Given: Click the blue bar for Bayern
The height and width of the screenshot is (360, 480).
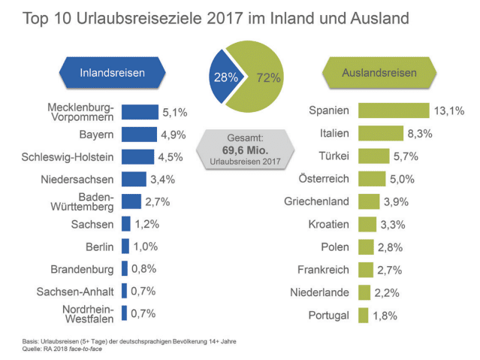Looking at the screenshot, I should (139, 135).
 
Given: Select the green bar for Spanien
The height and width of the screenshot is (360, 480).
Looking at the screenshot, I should (393, 110).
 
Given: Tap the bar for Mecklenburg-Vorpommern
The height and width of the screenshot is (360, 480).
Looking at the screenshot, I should (140, 112).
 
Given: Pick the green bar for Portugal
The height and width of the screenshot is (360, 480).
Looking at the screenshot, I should (363, 315).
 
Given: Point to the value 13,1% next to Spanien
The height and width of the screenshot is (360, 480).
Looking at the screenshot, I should (448, 111).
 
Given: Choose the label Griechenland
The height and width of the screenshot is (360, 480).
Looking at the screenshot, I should (317, 201).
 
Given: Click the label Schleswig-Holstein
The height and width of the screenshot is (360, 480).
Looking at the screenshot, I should (68, 157).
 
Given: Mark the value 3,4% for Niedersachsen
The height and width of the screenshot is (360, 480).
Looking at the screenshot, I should (163, 179).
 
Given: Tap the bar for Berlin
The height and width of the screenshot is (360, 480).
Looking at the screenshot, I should (125, 247).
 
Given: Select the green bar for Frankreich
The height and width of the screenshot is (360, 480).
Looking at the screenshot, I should (366, 269).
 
